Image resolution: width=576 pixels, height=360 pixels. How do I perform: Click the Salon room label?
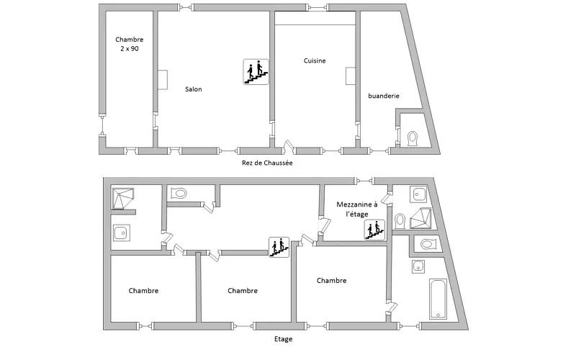(x=193, y=89)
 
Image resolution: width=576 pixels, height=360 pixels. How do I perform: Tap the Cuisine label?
(x=315, y=61)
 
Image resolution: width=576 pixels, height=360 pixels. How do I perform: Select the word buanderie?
(x=383, y=96)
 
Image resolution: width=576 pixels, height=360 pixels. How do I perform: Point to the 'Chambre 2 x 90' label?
(x=130, y=45)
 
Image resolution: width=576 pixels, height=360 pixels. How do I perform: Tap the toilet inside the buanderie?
(x=413, y=138)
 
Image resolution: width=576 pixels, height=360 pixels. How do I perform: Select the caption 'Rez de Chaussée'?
(x=267, y=163)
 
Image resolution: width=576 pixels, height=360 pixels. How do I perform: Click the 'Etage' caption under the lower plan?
(x=284, y=338)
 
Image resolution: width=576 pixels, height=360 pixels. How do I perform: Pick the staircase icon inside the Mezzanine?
(x=374, y=230)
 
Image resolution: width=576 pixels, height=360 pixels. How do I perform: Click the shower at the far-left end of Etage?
(x=122, y=198)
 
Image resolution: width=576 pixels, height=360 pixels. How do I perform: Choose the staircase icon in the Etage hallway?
(x=279, y=246)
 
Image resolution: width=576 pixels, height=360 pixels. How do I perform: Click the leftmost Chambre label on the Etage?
(x=144, y=291)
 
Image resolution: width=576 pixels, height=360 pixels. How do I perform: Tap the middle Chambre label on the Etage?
(x=243, y=291)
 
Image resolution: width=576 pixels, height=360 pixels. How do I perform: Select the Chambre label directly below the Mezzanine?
(x=331, y=281)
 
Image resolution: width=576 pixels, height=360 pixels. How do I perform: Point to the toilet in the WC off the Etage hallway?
(x=179, y=193)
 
